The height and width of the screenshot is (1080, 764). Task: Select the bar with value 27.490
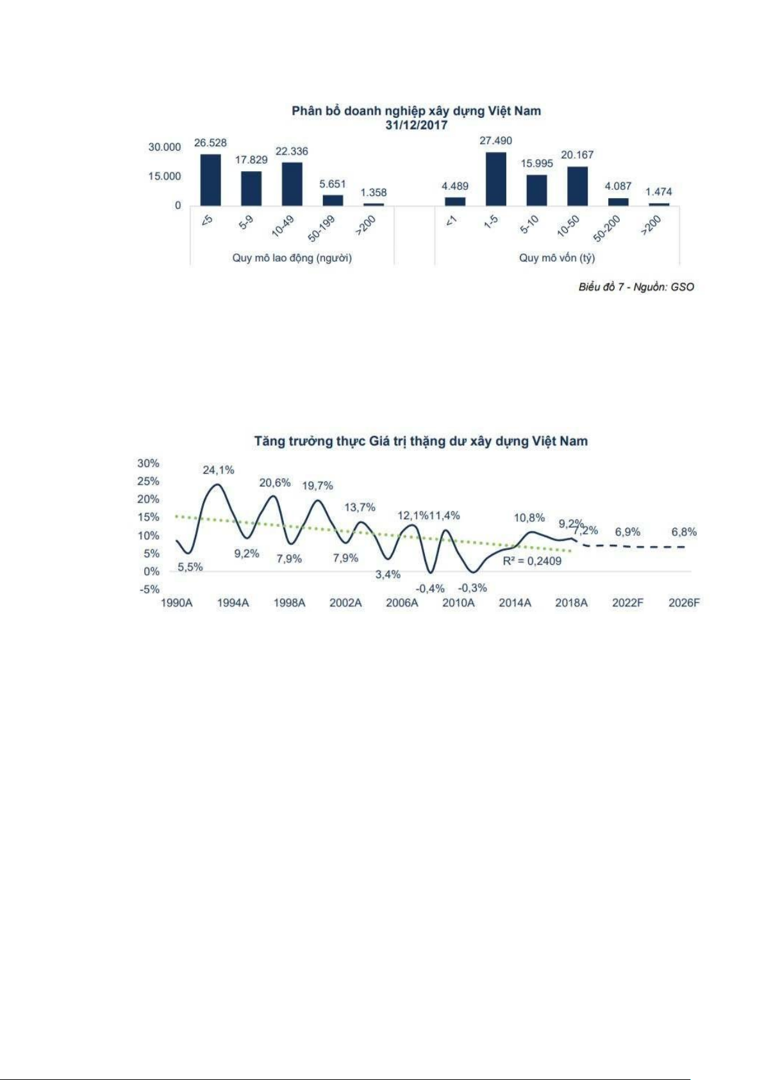click(495, 179)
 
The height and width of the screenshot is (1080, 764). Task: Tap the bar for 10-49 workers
click(292, 184)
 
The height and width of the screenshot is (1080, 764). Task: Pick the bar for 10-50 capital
click(577, 186)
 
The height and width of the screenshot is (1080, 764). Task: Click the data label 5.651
click(333, 184)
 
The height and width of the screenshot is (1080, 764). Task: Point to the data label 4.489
click(455, 186)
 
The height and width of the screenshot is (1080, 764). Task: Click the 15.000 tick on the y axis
click(165, 176)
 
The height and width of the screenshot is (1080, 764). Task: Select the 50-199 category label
click(322, 228)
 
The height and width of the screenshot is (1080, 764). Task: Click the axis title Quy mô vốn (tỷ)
click(556, 258)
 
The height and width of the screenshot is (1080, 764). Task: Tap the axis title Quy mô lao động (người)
click(292, 258)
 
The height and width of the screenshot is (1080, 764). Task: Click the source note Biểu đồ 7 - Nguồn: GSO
click(636, 287)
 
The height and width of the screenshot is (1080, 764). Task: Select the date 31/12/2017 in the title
click(416, 125)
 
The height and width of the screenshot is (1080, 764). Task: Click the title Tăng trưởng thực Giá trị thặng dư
click(420, 441)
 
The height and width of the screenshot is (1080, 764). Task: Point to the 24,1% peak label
click(219, 470)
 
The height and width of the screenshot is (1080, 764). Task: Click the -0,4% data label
click(430, 588)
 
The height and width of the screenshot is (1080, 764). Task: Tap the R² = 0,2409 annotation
click(532, 561)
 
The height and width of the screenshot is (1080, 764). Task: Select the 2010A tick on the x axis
click(458, 602)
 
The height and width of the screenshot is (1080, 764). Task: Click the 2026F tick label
click(684, 602)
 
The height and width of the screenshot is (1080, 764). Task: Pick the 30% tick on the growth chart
click(148, 463)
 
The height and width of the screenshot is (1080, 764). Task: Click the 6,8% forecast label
click(684, 531)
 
